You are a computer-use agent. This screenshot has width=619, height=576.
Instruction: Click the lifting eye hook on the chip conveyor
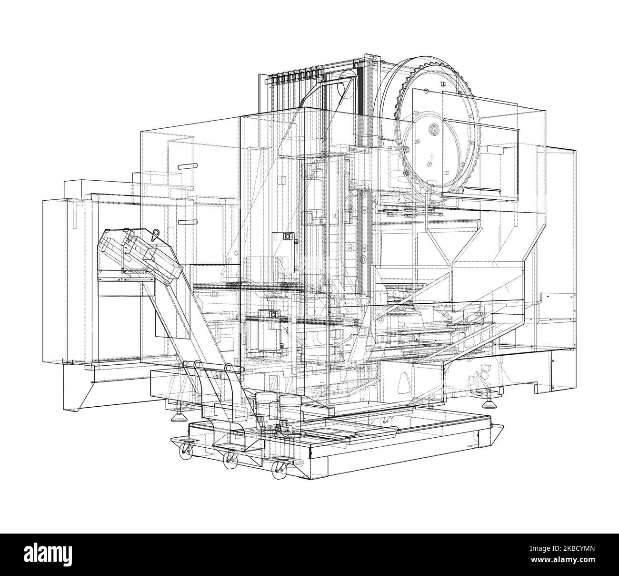(x=155, y=234)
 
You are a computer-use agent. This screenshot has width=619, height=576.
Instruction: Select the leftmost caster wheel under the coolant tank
(x=183, y=448)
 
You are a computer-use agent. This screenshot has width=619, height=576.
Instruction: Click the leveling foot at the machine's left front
(x=179, y=417)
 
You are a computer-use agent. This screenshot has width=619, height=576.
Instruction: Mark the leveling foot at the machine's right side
(x=489, y=404)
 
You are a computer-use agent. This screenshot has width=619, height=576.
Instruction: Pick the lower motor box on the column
(x=269, y=329)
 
